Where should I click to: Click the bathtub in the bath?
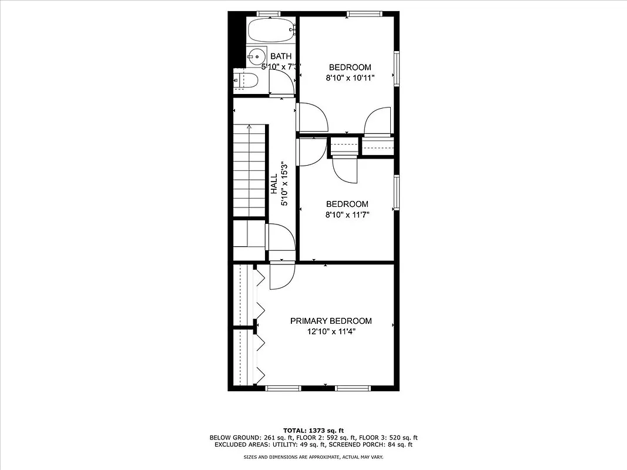coord(271,29)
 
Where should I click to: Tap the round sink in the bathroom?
coord(256,56)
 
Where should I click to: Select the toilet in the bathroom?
coord(246,80)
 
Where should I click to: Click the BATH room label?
coord(281,56)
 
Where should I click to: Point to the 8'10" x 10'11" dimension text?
coord(350,77)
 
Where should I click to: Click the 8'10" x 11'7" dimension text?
coord(347,214)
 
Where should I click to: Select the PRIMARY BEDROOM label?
coord(331,321)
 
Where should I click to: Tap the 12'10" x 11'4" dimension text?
coord(331,332)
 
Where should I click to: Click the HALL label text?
coord(274,184)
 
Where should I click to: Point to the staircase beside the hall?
coord(251,170)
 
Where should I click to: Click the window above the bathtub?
coord(269,14)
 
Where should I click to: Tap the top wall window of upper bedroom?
coord(364,14)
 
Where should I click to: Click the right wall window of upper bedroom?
coord(397,68)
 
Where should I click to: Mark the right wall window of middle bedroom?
coord(397,193)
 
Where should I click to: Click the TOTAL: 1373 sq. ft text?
coord(313,430)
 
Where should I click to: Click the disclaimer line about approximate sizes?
coord(313,457)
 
